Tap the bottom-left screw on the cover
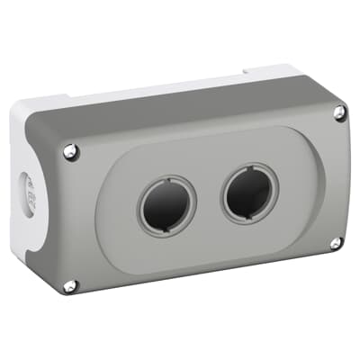70,285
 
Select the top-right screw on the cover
338,112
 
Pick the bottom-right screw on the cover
335,243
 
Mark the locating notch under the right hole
251,218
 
